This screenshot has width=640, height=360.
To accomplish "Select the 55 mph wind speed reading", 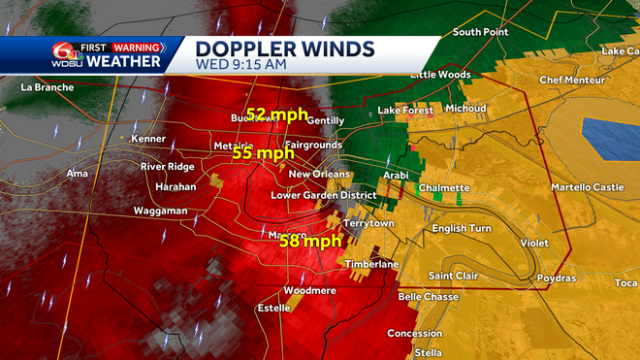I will tap(262, 153).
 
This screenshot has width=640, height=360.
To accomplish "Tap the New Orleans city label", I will tap(318, 175).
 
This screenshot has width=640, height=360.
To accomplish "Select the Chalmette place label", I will tap(444, 188).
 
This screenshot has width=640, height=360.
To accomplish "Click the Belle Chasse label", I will tap(422, 297).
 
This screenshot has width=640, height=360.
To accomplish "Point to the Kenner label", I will tap(148, 140).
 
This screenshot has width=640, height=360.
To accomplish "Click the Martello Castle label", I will tap(588, 187).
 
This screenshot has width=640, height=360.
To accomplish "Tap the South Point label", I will tap(480, 32).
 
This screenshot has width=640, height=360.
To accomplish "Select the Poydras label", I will tap(556, 278).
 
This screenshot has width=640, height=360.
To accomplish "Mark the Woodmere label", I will tap(310, 291).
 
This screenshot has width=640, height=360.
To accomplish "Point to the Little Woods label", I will tap(440, 75).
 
